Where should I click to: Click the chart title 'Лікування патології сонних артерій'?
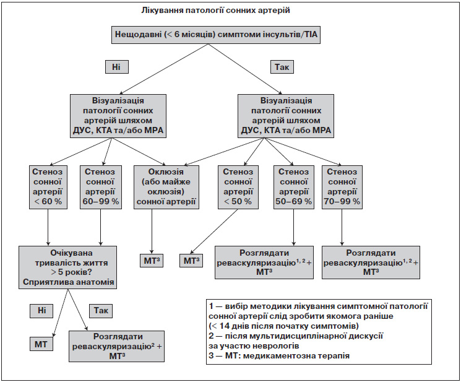click(x=215, y=11)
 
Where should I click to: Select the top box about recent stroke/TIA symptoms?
click(x=216, y=35)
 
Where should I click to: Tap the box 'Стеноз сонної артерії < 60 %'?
click(x=48, y=187)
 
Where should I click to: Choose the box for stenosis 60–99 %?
click(x=101, y=187)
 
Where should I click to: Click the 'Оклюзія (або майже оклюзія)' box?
click(x=166, y=187)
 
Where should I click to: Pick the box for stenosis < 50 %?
click(x=238, y=187)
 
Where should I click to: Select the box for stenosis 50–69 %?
click(x=293, y=187)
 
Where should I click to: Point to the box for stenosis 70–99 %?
click(x=342, y=187)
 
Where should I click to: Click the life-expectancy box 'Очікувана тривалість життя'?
click(x=67, y=267)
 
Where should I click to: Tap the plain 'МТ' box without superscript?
click(x=41, y=344)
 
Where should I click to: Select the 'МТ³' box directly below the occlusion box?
click(x=152, y=261)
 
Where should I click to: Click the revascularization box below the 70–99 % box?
click(x=371, y=263)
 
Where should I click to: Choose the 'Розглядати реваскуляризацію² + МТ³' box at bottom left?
click(x=117, y=346)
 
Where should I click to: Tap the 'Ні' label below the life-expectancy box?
click(x=41, y=311)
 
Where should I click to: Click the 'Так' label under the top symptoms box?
click(x=282, y=67)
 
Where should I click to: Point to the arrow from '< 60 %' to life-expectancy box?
click(x=48, y=227)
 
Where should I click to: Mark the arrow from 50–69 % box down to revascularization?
click(x=293, y=227)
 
